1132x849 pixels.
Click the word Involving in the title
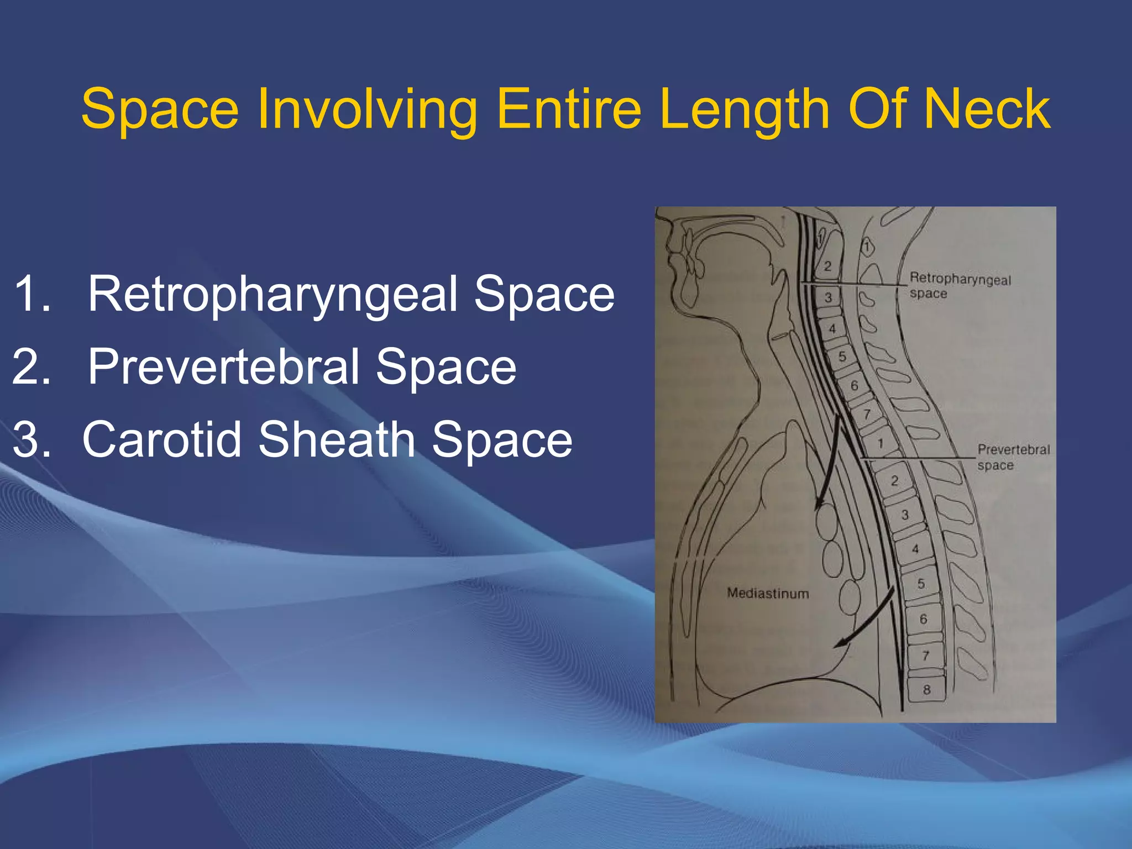(x=367, y=109)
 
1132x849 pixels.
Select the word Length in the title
(x=744, y=109)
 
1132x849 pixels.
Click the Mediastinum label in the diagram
(x=768, y=594)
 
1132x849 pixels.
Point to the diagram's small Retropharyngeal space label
(x=960, y=286)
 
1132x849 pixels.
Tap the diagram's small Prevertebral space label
(x=1013, y=457)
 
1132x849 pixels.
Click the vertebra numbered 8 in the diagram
(x=927, y=689)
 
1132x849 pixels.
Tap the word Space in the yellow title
(x=160, y=109)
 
